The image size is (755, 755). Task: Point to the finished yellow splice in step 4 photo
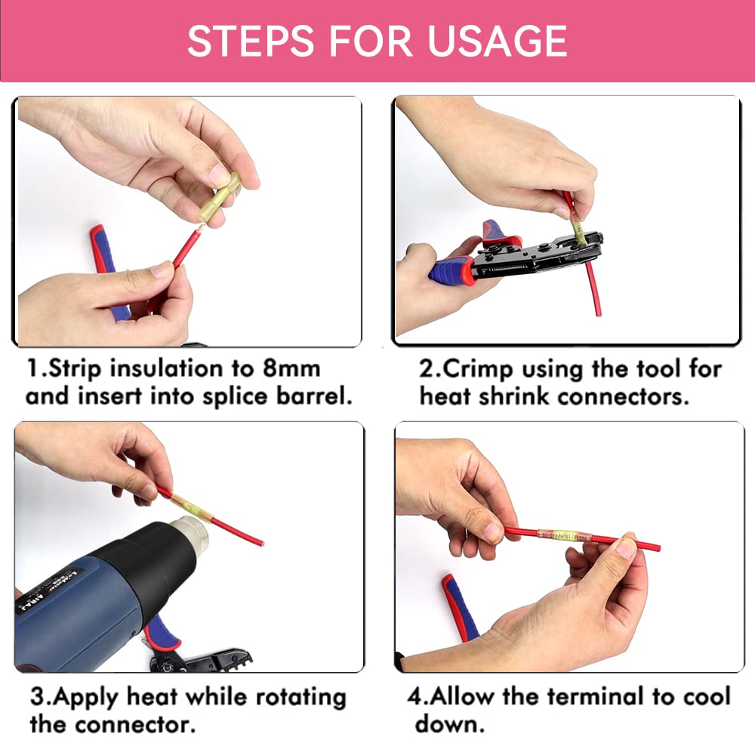pos(559,535)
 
